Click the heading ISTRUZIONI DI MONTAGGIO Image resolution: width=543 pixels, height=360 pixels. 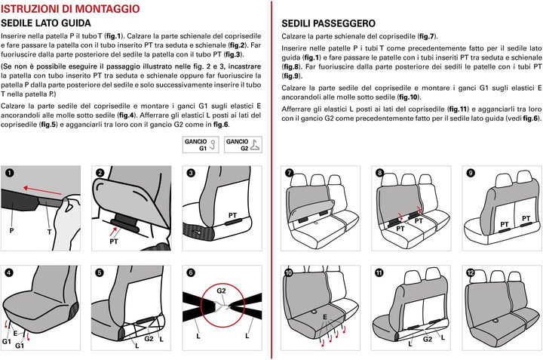pyautogui.click(x=70, y=8)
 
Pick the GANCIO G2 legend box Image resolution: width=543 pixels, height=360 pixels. pyautogui.click(x=241, y=145)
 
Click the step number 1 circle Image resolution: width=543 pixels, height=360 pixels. pyautogui.click(x=9, y=173)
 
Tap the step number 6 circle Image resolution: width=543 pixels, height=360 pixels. pyautogui.click(x=191, y=272)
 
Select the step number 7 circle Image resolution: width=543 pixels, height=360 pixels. pyautogui.click(x=288, y=173)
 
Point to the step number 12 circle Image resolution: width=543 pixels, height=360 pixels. pyautogui.click(x=471, y=272)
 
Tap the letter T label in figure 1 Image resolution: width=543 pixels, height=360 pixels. pyautogui.click(x=50, y=232)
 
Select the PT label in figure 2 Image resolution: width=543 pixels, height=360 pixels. pyautogui.click(x=114, y=242)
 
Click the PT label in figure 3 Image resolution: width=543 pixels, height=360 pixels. pyautogui.click(x=233, y=216)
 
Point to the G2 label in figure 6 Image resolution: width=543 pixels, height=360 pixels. pyautogui.click(x=222, y=290)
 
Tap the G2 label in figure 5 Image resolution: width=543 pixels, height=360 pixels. pyautogui.click(x=149, y=339)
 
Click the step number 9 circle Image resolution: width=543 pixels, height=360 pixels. pyautogui.click(x=471, y=173)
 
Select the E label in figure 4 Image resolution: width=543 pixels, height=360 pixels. pyautogui.click(x=15, y=333)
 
